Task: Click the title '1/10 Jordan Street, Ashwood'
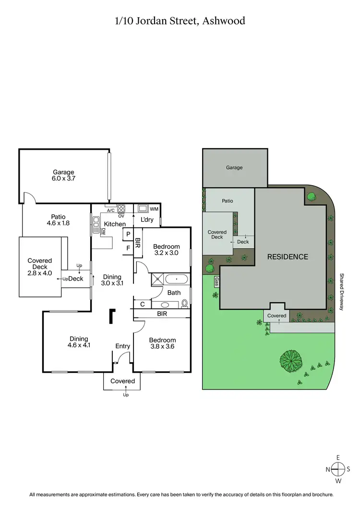[180, 21]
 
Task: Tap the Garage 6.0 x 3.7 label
[63, 175]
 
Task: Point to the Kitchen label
[115, 224]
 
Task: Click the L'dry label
[147, 219]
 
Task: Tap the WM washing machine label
[155, 209]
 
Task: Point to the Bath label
[174, 292]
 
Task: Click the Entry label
[122, 346]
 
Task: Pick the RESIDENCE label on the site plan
[288, 257]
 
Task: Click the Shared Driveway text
[342, 291]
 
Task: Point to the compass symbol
[338, 470]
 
